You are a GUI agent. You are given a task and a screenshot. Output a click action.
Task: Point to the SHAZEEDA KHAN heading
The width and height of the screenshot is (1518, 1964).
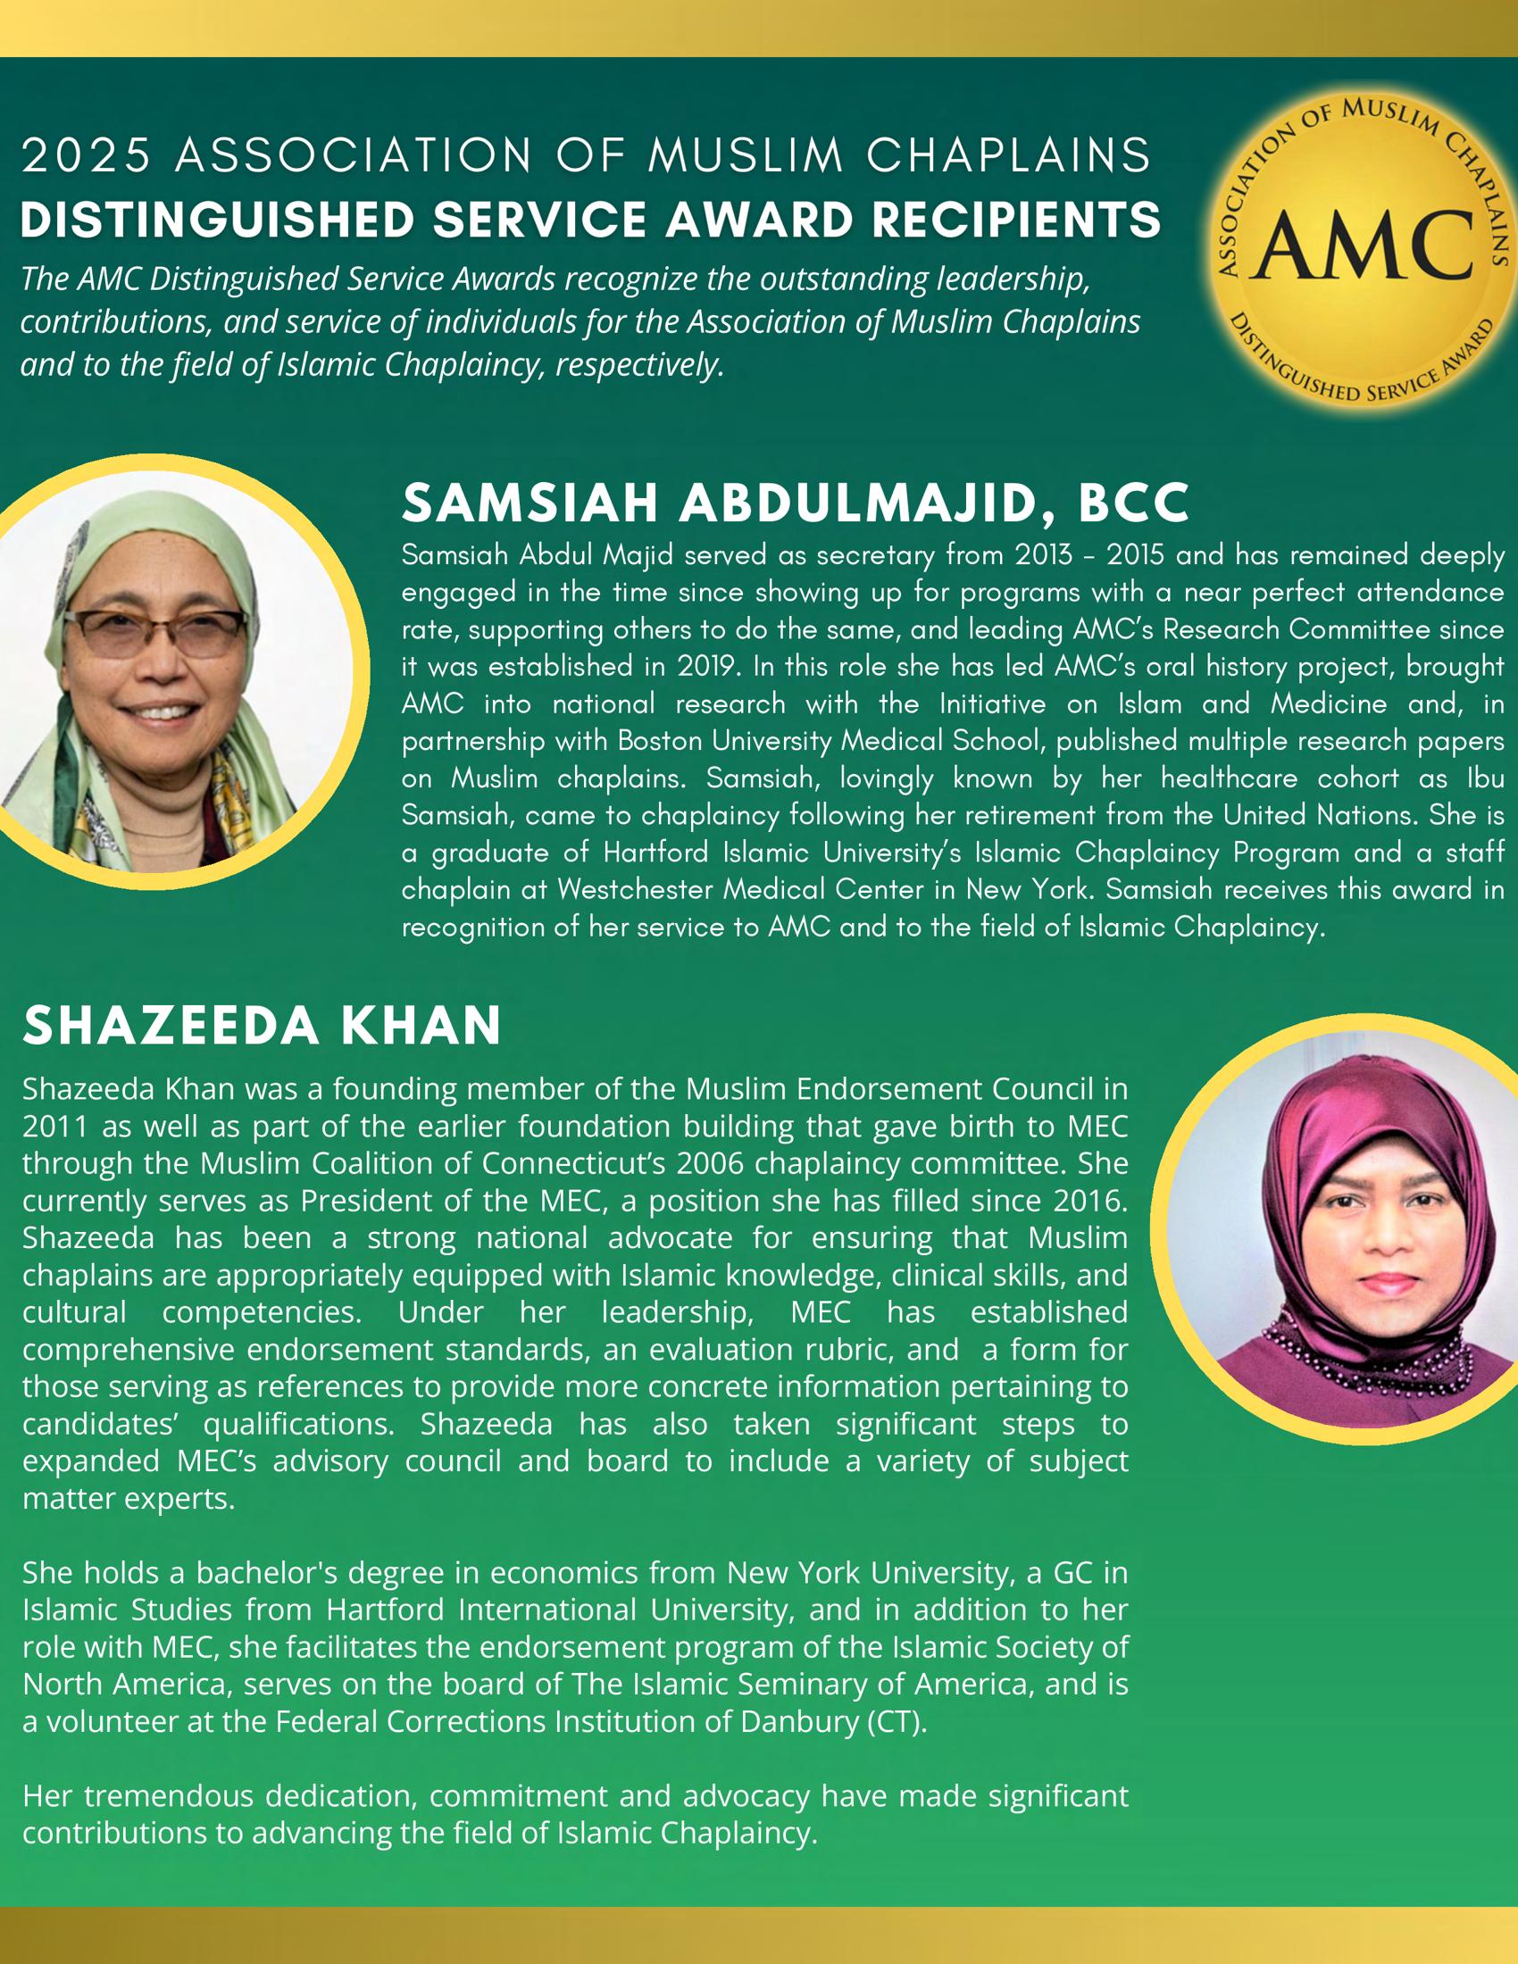262,1025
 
